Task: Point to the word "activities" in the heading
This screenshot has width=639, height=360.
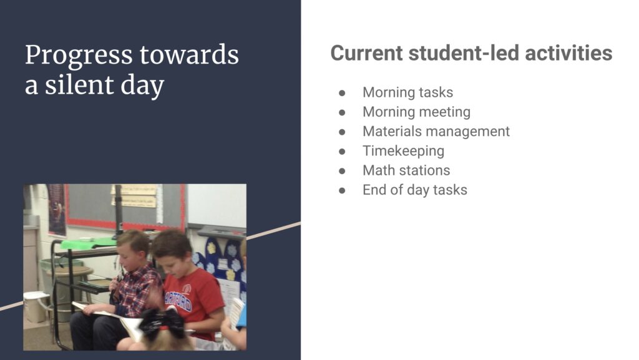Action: pos(568,54)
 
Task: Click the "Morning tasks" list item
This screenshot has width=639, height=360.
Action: pos(407,92)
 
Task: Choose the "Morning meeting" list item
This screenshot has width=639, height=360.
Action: pos(416,112)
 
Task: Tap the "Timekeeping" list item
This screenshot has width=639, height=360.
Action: pos(404,151)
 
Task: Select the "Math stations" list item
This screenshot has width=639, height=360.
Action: pos(406,170)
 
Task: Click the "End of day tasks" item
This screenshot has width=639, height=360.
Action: pos(415,190)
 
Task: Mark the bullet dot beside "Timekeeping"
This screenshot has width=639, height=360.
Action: pos(342,152)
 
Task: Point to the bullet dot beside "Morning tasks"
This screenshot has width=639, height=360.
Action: pos(342,93)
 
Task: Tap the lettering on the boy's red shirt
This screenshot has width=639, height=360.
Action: pos(178,301)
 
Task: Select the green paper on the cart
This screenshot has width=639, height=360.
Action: pos(88,243)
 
